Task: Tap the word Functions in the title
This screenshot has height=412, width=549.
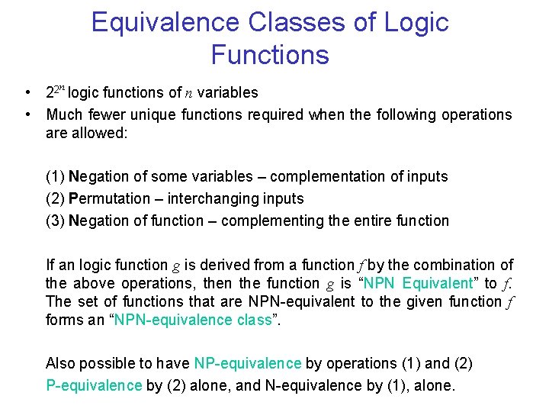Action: tap(270, 55)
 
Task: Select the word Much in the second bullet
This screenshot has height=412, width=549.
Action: tap(63, 115)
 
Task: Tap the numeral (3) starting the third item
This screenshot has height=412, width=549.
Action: tap(56, 220)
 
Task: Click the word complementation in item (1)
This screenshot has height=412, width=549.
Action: tap(323, 176)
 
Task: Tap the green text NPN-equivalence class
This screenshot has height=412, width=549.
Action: tap(195, 320)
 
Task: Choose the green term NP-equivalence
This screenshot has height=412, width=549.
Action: tap(248, 363)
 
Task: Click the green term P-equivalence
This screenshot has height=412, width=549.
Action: tap(94, 385)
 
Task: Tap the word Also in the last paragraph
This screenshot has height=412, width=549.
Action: tap(61, 363)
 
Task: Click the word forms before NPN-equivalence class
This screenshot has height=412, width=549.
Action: tap(65, 320)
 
